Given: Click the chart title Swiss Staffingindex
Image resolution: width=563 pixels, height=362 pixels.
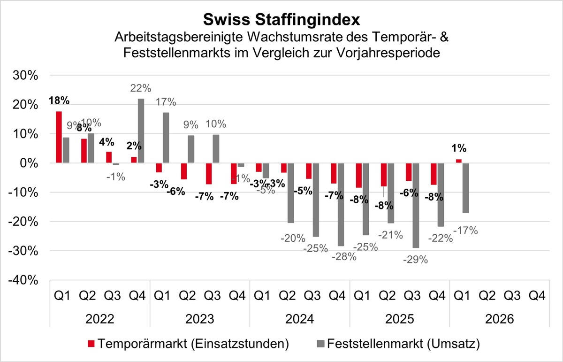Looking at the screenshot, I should click(x=281, y=20).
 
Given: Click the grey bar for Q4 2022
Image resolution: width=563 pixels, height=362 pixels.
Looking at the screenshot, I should click(x=141, y=131).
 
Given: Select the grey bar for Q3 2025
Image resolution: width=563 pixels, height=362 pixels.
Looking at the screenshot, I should click(x=416, y=205).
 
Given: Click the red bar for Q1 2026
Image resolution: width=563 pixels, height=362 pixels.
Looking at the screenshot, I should click(x=459, y=161).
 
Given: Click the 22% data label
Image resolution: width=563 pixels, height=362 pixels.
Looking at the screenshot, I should click(x=141, y=88).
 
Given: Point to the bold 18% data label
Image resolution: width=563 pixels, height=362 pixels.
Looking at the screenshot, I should click(x=59, y=101).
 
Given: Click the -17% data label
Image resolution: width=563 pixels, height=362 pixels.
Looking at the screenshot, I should click(x=466, y=230).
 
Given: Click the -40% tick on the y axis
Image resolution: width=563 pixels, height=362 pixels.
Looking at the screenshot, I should click(x=30, y=280).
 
